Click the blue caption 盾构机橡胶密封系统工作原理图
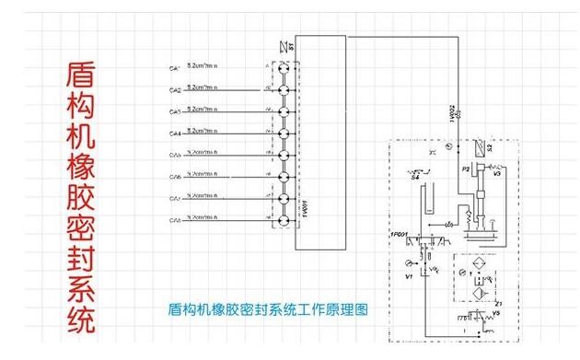(x=269, y=310)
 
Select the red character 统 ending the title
(x=81, y=323)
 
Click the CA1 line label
(x=175, y=69)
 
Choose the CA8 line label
(x=175, y=221)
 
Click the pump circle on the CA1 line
(x=283, y=69)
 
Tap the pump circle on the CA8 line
(x=283, y=221)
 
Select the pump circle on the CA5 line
(x=283, y=156)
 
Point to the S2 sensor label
(x=490, y=147)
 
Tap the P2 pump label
(x=466, y=169)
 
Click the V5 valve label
(x=496, y=313)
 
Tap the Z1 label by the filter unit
(x=498, y=302)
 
